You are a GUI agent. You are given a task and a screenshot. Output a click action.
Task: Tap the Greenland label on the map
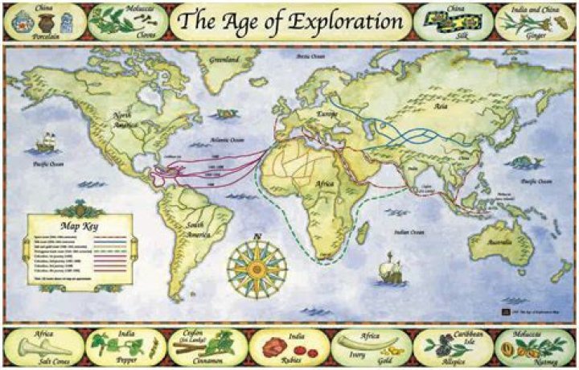[224, 61]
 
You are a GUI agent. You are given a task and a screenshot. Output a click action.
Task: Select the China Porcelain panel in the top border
[42, 21]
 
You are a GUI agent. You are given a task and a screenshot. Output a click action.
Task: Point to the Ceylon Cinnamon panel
[207, 347]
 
